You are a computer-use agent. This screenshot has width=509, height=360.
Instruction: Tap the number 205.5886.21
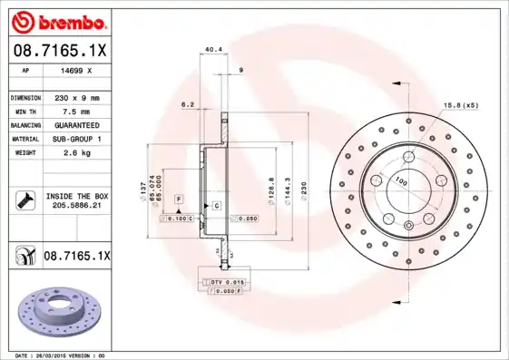[76, 206]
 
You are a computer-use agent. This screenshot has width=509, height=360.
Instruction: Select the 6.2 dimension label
[189, 104]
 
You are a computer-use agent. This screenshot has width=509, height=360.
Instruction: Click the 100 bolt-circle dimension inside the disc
[398, 181]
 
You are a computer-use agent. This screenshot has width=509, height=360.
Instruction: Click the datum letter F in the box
[179, 198]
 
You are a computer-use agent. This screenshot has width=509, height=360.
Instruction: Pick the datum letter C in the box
[217, 207]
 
